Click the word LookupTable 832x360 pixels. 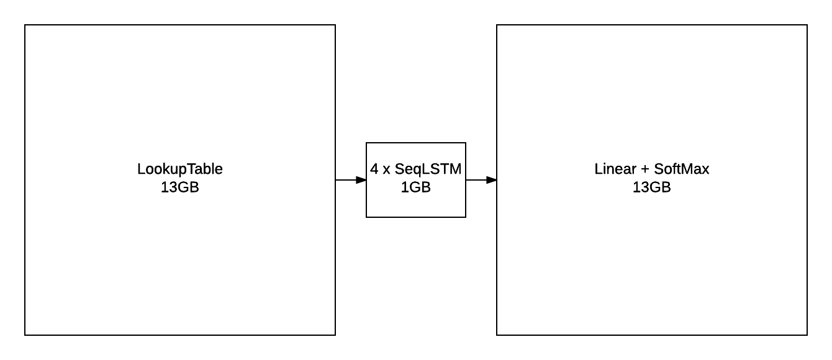tap(180, 169)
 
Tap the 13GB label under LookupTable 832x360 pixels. tap(180, 187)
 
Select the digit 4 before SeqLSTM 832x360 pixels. tap(374, 169)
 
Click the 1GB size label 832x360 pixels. tap(416, 187)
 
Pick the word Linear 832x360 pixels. tap(615, 169)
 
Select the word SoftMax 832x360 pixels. tap(682, 169)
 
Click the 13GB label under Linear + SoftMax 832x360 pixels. tap(652, 187)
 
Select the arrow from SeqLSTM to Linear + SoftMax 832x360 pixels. tap(480, 180)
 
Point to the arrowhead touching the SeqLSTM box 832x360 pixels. tap(361, 180)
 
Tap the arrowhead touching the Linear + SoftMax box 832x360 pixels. tap(492, 180)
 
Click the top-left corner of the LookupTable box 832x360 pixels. tap(25, 25)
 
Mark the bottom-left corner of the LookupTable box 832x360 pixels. tap(25, 335)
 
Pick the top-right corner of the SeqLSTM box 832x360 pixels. tap(466, 143)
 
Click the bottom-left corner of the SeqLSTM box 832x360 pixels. tap(366, 217)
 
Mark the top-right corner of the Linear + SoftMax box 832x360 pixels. tap(807, 25)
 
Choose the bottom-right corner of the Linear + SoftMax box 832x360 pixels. tap(807, 335)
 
